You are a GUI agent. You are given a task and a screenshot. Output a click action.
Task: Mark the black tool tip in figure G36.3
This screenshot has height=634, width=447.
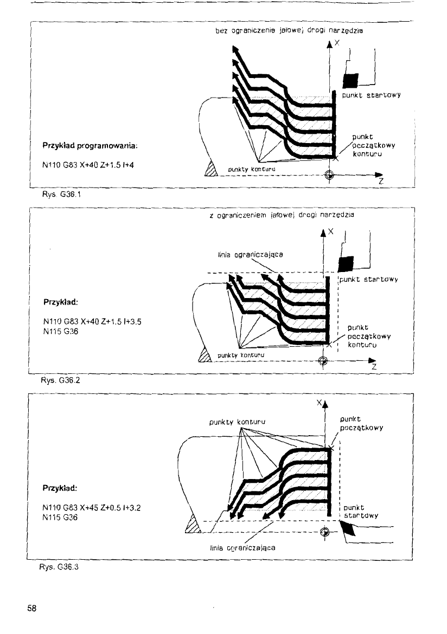tap(347, 528)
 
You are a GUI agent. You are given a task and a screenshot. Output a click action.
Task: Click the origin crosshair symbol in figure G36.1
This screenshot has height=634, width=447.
tap(328, 174)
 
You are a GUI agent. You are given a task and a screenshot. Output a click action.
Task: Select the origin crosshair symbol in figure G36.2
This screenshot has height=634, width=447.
tap(323, 360)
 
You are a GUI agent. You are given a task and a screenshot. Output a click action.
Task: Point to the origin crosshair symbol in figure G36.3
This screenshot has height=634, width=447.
tap(325, 532)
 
